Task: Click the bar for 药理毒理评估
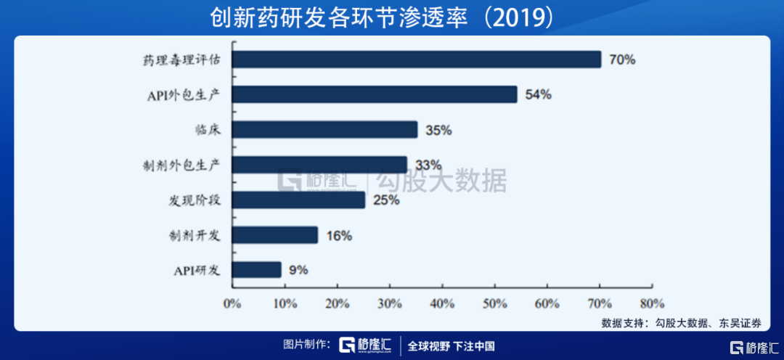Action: (x=416, y=60)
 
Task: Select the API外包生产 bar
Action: (x=374, y=94)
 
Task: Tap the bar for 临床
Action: (x=324, y=130)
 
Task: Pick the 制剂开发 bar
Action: (x=274, y=235)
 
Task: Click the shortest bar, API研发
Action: (x=256, y=270)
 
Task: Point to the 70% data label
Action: (x=622, y=60)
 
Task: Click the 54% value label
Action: (x=538, y=94)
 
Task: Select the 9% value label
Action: (x=298, y=270)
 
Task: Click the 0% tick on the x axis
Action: (x=232, y=303)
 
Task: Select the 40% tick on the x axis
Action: (x=442, y=303)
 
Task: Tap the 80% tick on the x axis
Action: (x=652, y=303)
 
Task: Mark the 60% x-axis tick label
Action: (x=547, y=303)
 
